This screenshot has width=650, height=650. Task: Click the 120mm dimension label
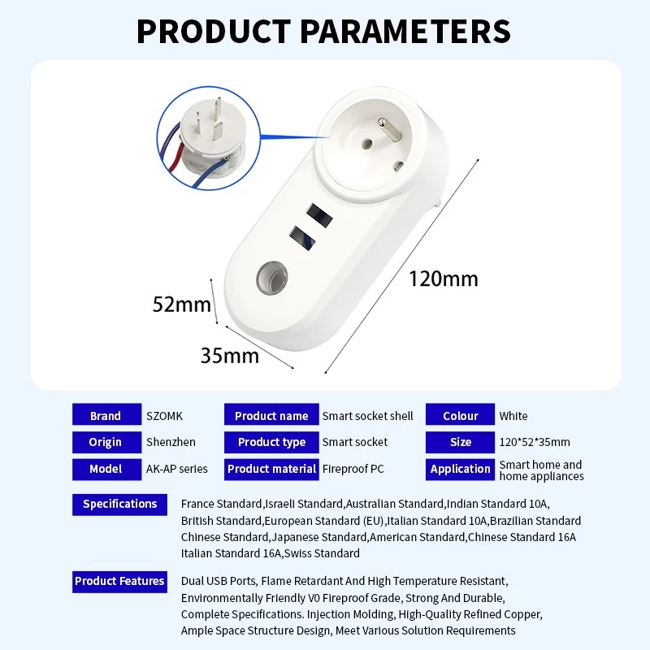pos(443,279)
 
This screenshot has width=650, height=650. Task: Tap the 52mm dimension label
pos(181,304)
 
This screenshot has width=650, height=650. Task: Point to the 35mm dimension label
pos(230,356)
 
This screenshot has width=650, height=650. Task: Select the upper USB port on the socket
pos(319,215)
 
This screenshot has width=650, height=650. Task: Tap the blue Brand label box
pos(107,414)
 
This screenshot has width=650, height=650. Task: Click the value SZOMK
pos(164,416)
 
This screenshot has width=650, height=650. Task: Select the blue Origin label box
pos(107,442)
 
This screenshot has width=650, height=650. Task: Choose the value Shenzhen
pos(171,442)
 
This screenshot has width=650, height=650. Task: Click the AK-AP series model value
pos(176,469)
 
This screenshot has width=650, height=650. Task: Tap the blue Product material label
pos(271,470)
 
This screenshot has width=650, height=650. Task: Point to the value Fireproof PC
pos(353,469)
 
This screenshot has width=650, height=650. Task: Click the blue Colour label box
pos(460,414)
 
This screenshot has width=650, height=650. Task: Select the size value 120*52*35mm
pos(535,442)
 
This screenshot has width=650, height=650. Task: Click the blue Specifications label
pos(119,505)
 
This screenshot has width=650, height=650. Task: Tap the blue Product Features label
pos(119,582)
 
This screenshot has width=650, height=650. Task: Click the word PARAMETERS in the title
pos(405,31)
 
